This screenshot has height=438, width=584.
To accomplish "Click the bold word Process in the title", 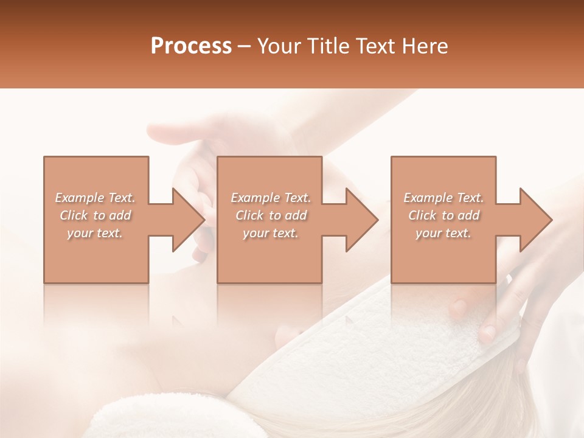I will pos(191,46).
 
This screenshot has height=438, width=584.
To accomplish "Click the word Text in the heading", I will pos(377,46).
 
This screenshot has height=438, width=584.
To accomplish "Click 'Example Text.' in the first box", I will pos(95,198).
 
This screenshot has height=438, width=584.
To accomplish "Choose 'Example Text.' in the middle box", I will pos(270,198).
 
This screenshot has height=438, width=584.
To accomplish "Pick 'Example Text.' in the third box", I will pos(443,198).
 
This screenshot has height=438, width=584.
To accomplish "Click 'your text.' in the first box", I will pos(95,233).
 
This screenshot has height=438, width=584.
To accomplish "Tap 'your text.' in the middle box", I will pos(270,233).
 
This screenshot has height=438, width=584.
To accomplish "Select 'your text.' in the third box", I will pos(443,233).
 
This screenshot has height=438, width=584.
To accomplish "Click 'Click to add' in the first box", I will pos(95,215).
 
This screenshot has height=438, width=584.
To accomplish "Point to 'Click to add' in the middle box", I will pos(270,215).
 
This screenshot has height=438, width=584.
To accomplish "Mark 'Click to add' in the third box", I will pos(443,215).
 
